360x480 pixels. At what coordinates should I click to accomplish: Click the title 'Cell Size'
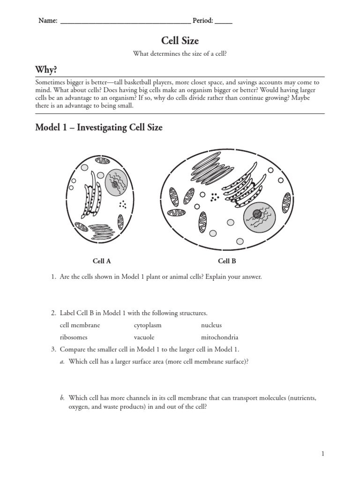coord(180,41)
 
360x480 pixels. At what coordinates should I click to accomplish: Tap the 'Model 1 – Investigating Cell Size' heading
coord(99,127)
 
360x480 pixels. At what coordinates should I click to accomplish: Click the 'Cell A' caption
coord(102,261)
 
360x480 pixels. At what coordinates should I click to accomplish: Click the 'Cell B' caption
coord(227,261)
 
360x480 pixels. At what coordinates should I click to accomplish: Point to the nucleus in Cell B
coord(259,216)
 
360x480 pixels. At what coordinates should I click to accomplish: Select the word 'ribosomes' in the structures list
coord(74,337)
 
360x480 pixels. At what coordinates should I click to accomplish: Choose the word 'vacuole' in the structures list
coord(144,337)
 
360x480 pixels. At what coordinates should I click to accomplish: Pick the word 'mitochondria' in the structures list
coord(219,337)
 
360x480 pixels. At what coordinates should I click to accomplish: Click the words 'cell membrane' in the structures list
coord(80,325)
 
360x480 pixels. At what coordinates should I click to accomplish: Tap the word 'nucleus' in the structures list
coord(211,325)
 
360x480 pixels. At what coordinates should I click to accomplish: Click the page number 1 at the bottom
coord(323,453)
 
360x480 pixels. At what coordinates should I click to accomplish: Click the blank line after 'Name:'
coord(125,21)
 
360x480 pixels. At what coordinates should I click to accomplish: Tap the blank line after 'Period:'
coord(224,21)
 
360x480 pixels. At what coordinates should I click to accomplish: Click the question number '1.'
coord(53,277)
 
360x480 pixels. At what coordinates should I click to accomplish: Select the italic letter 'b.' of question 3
coord(62,398)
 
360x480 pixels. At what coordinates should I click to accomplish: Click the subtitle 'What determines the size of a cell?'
coord(180,54)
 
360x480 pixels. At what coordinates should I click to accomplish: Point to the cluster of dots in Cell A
coord(123,204)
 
